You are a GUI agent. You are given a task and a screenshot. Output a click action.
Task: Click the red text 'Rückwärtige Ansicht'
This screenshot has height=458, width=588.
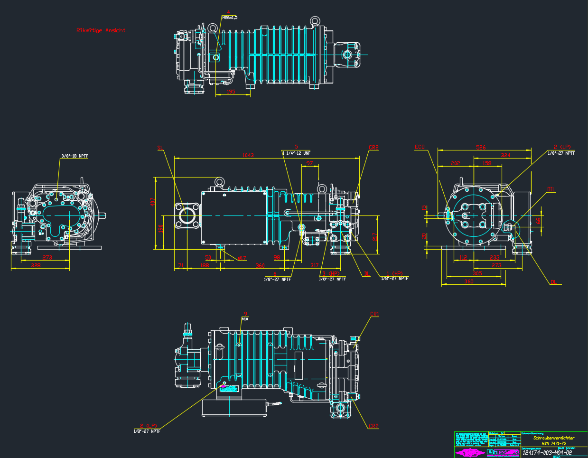(101, 30)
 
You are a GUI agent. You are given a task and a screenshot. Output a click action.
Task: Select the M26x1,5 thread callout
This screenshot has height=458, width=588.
(230, 18)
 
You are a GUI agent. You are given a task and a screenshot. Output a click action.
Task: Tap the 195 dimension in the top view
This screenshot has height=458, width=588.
(231, 92)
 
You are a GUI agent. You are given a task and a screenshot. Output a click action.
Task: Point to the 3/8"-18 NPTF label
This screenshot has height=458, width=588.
(75, 156)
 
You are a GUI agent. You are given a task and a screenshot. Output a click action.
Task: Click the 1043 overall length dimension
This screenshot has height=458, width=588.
(248, 155)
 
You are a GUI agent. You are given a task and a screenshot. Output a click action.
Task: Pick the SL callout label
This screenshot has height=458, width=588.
(160, 148)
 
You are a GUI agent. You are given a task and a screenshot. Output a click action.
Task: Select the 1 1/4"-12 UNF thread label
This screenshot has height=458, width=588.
(296, 153)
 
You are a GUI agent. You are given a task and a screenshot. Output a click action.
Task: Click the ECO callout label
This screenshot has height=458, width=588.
(420, 147)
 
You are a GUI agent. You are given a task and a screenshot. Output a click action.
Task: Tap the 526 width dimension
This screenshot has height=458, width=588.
(481, 148)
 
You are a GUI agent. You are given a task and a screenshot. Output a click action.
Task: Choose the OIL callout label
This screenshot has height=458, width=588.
(551, 189)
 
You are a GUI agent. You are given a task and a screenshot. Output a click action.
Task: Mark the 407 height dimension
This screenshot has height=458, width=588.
(152, 201)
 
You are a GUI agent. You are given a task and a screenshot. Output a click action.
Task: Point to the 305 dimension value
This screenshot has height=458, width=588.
(477, 273)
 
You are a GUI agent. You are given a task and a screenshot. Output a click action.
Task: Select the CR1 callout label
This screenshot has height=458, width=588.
(374, 314)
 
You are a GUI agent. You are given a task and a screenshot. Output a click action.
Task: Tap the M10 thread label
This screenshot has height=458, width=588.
(245, 319)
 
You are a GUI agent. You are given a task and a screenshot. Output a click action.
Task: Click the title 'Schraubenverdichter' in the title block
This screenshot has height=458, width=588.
(553, 438)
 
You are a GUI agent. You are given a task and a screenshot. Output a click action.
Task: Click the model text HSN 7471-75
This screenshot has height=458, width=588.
(553, 443)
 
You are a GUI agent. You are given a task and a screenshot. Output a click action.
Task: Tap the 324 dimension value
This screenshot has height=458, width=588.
(505, 155)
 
